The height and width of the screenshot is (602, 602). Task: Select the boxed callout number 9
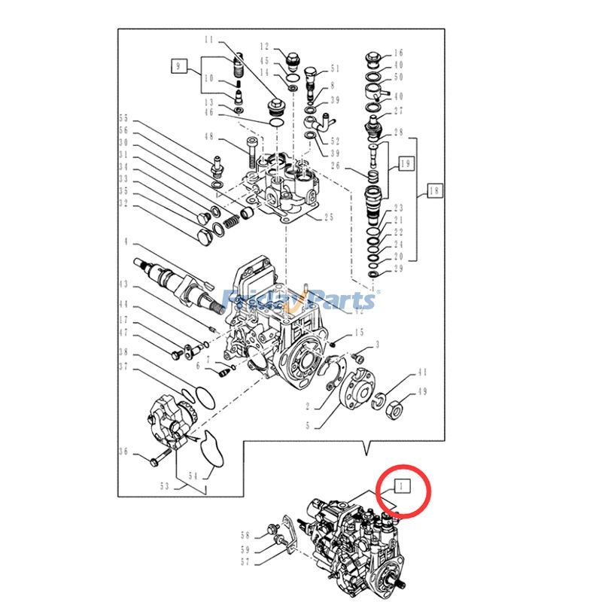click(x=178, y=67)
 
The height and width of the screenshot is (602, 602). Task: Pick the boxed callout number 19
click(x=406, y=162)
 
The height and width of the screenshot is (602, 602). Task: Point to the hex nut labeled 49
click(x=391, y=412)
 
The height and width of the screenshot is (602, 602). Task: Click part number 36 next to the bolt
click(x=124, y=451)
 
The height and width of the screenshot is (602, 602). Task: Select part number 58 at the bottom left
click(x=245, y=535)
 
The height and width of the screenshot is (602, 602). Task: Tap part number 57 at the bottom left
click(x=245, y=561)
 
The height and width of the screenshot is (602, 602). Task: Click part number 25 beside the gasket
click(x=328, y=218)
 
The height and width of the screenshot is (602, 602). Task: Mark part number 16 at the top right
click(x=399, y=53)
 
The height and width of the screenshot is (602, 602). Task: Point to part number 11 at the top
click(x=208, y=39)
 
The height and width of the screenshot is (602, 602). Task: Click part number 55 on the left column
click(x=124, y=118)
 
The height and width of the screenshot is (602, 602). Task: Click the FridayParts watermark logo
click(x=301, y=299)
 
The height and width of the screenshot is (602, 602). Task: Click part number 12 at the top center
click(x=265, y=47)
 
